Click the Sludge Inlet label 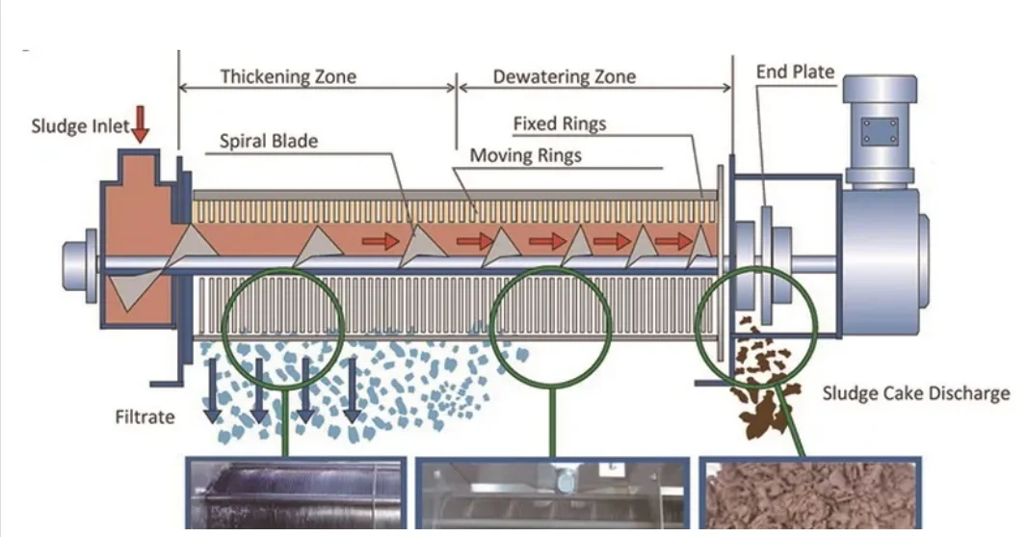(80, 126)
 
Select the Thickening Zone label (288, 76)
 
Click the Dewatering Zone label (565, 77)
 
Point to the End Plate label (795, 72)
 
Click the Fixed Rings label (559, 123)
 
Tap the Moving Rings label (525, 155)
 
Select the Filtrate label (145, 417)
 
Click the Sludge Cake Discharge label (915, 393)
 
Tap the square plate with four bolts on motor (879, 131)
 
